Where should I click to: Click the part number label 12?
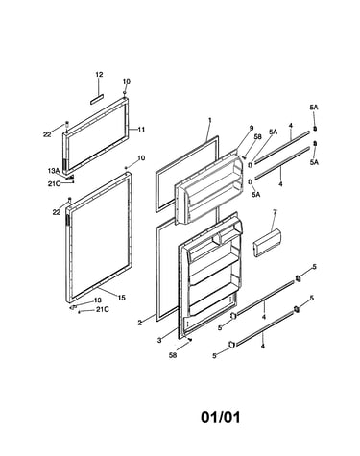click(x=99, y=75)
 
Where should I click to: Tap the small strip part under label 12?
click(x=97, y=99)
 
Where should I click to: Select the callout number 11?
click(x=141, y=130)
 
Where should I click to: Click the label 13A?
click(x=54, y=171)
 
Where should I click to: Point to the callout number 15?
click(x=121, y=298)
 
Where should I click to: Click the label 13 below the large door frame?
click(x=98, y=300)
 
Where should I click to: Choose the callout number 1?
click(x=210, y=120)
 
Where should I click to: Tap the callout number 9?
click(x=252, y=128)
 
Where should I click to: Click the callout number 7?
click(x=275, y=211)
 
